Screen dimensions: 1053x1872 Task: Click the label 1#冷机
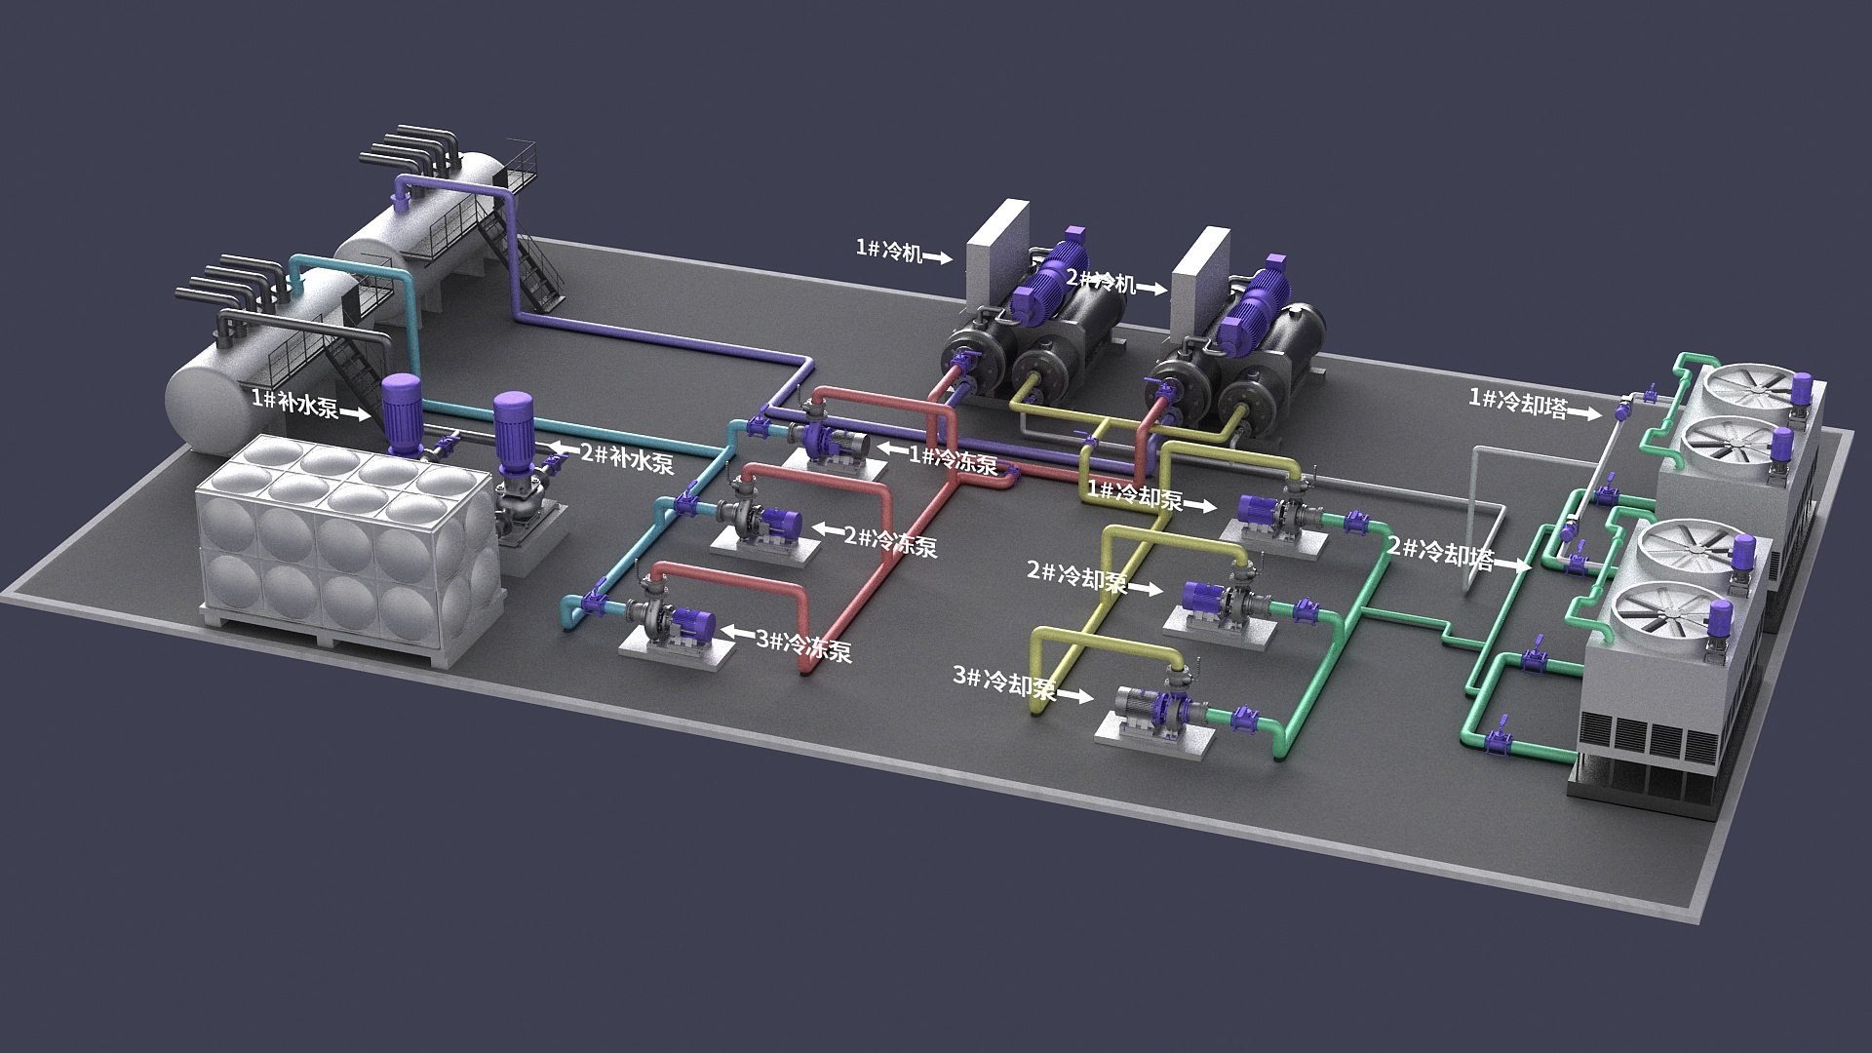[x=888, y=251]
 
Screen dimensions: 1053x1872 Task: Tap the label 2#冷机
[x=1101, y=282]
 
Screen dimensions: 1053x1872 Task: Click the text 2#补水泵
[x=627, y=458]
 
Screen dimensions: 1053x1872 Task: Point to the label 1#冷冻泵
[x=953, y=458]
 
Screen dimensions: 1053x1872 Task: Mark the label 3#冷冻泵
[x=803, y=645]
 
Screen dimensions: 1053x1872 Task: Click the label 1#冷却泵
[x=1135, y=495]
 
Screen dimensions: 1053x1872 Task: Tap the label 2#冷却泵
[x=1076, y=577]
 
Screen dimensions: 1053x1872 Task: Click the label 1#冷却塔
[x=1518, y=403]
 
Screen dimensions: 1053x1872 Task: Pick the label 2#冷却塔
[x=1440, y=553]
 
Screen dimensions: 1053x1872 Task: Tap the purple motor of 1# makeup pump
[x=399, y=410]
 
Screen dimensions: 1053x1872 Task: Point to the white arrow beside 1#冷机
[x=937, y=258]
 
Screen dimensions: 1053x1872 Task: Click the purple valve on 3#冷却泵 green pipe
[x=1244, y=719]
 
